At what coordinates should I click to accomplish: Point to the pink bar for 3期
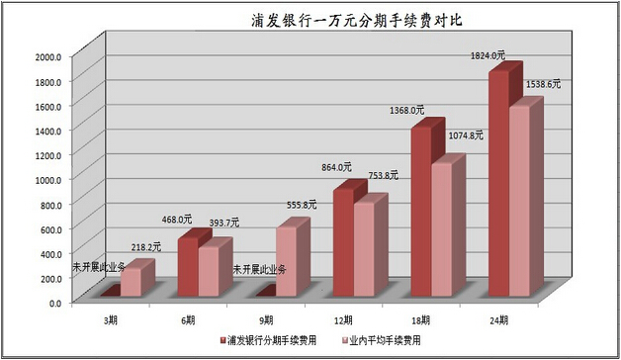(x=133, y=282)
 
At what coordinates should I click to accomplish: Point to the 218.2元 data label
(x=141, y=247)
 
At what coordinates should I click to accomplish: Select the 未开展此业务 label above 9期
(x=260, y=269)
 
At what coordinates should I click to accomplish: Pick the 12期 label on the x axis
(x=341, y=319)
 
